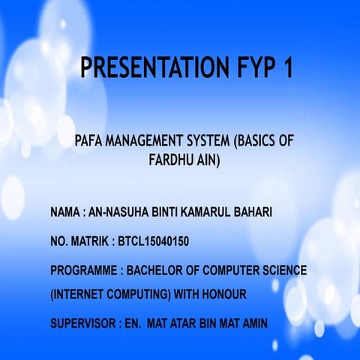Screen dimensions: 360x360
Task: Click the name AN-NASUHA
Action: pos(115,213)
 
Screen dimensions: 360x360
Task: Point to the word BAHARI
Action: pos(251,213)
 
